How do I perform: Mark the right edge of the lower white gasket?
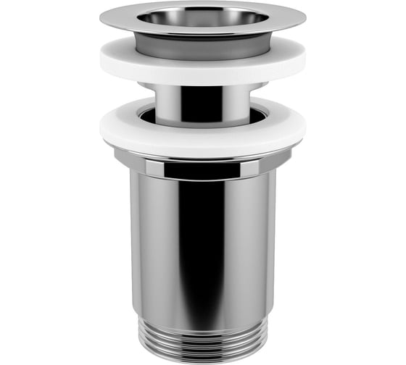pos(303,130)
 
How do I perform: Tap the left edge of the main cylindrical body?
pos(132,246)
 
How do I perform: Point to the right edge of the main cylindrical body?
pos(275,246)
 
